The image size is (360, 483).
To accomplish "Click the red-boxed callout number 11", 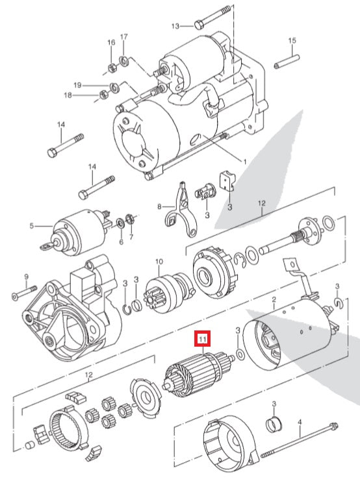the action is pos(203,339).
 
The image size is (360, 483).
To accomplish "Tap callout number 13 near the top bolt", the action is pos(175,26).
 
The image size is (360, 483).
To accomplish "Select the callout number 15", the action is pos(292,40).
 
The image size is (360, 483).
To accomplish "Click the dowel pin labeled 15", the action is pos(287,62).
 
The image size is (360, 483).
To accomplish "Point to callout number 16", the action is pos(111,42).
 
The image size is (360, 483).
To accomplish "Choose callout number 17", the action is pos(123,37).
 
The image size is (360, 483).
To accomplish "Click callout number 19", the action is pos(77,84).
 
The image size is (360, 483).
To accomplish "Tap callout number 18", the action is pos(68,95).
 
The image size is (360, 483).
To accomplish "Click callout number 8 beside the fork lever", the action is pos(159,206).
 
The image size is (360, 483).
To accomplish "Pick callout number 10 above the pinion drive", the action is pos(159,262).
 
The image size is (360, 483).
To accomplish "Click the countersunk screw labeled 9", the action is pos(25,293).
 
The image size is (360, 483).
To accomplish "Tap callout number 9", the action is pos(26,277).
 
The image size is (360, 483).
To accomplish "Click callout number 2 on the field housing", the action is pos(274,299).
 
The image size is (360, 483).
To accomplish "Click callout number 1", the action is pos(245,162).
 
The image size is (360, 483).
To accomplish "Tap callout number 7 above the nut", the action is pos(131,237).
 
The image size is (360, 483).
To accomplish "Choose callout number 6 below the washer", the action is pos(121,242).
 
